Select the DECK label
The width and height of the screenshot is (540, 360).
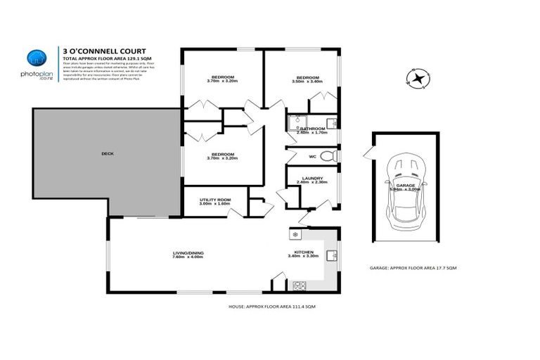coord(108,153)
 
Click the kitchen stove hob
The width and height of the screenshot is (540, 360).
coord(300,285)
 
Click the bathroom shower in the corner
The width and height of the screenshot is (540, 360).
coord(295,124)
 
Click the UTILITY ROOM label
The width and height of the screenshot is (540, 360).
coord(215,200)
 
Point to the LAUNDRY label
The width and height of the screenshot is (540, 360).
coord(311,178)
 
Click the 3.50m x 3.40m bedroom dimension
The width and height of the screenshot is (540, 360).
coord(307,82)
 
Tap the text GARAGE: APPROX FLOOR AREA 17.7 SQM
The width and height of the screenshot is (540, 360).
coord(413,268)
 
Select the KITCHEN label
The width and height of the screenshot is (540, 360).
coord(304,252)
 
